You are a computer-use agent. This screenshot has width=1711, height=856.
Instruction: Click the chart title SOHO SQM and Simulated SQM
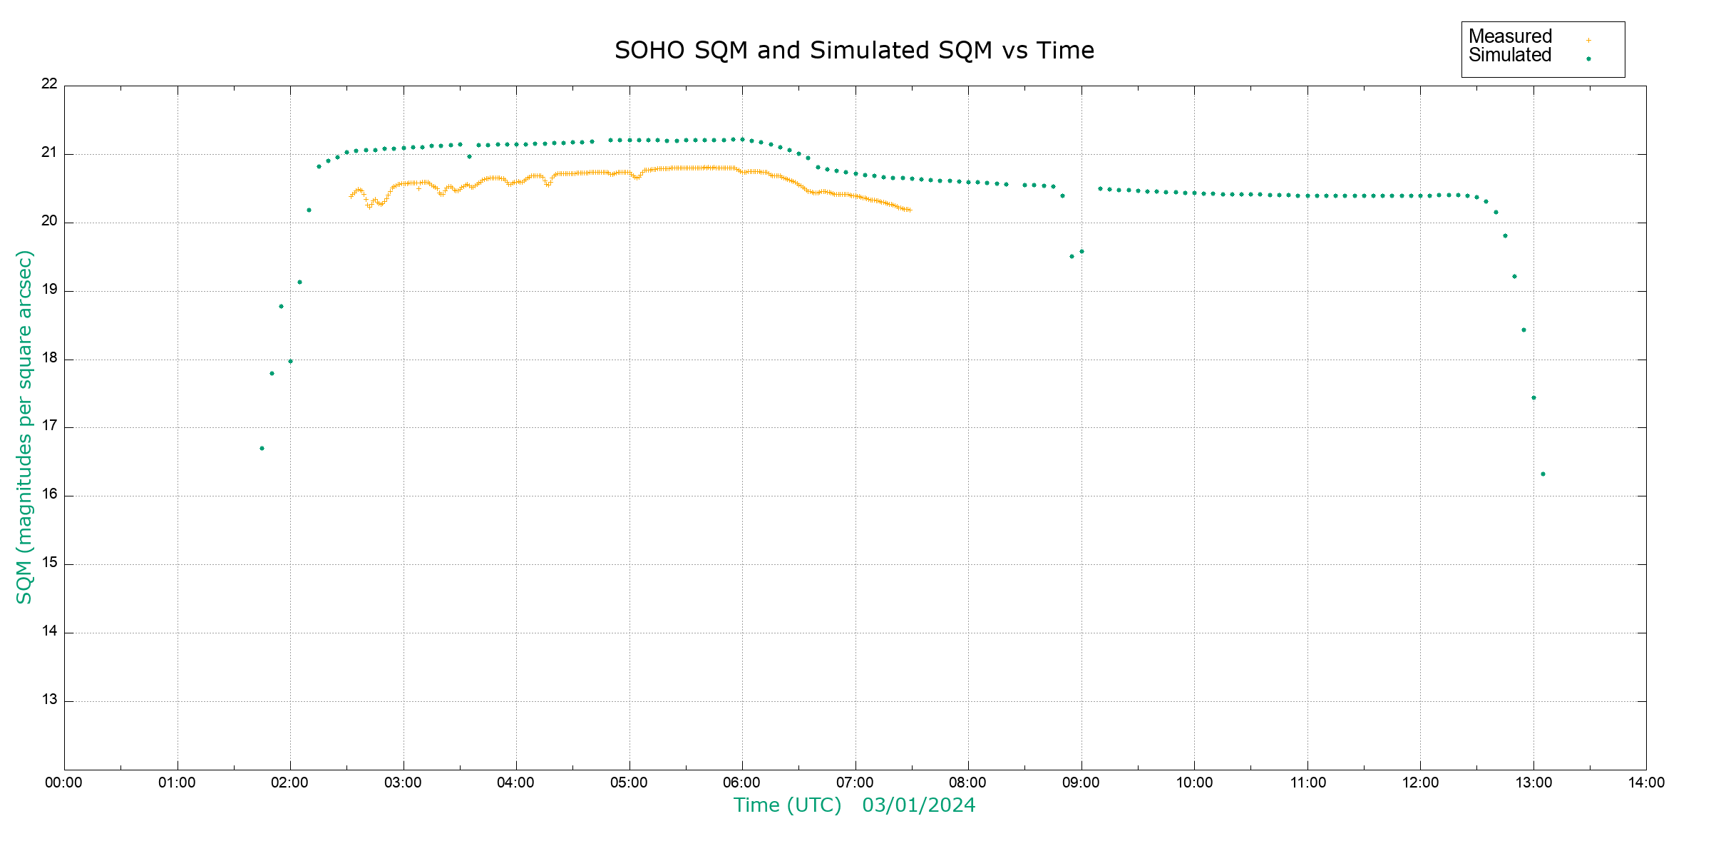854,51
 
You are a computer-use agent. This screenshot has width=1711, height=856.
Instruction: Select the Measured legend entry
1510,36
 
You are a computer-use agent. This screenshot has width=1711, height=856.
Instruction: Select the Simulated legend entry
1510,56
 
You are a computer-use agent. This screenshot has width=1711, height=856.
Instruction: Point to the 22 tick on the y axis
49,84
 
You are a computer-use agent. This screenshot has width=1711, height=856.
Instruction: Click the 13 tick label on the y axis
49,700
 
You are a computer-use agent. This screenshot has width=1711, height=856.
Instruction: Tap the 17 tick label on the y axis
49,427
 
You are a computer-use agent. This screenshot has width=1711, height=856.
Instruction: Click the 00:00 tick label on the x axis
63,783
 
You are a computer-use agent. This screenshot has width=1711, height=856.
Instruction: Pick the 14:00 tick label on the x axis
1646,783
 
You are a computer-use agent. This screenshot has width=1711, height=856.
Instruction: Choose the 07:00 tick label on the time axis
855,783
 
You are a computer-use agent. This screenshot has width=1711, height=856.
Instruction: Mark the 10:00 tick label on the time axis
1194,783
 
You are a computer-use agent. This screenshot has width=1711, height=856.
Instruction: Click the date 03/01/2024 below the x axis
918,805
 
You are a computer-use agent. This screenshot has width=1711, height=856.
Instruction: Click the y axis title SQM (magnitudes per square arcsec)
25,427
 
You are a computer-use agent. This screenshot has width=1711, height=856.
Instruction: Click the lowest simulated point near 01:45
262,448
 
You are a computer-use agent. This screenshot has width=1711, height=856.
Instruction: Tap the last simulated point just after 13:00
1543,474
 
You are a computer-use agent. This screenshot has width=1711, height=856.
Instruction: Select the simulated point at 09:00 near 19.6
1081,251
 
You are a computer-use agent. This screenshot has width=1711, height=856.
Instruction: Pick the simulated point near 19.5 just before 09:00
1072,256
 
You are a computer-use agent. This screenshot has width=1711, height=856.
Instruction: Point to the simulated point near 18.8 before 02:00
281,306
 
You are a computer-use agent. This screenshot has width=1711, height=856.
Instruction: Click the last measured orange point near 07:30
910,210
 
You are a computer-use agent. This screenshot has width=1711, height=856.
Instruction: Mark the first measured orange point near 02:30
351,196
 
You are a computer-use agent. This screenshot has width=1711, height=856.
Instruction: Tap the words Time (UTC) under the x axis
787,805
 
